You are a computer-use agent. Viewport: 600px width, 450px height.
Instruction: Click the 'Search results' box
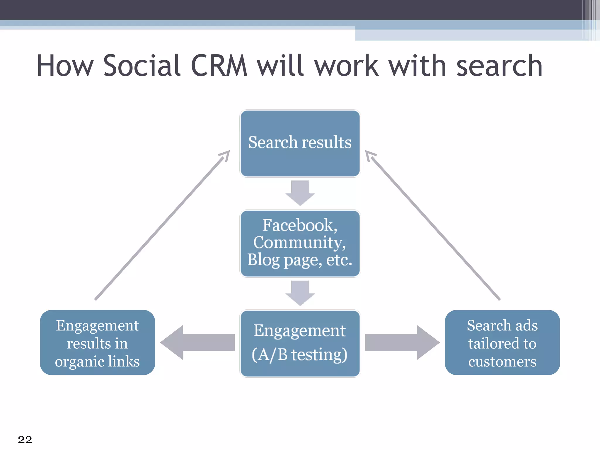[x=300, y=143]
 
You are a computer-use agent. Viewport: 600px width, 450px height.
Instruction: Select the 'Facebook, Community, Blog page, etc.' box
[x=300, y=243]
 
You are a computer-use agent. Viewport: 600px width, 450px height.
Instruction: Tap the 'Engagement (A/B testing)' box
[x=300, y=343]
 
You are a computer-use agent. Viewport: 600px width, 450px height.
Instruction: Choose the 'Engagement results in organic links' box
[x=97, y=342]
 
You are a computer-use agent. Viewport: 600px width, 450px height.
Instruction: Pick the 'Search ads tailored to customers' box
[x=502, y=342]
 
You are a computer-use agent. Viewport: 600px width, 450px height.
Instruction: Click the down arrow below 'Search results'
[x=300, y=193]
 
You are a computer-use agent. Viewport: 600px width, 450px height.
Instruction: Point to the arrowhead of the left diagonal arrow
[x=226, y=154]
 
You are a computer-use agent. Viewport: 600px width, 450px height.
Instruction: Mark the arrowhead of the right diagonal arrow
[x=369, y=155]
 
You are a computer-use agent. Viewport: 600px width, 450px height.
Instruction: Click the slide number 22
[x=25, y=439]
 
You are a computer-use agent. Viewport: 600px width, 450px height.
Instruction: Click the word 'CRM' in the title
[x=219, y=66]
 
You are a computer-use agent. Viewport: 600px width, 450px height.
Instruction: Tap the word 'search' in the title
[x=499, y=67]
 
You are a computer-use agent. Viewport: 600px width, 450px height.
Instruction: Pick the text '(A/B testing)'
[x=299, y=355]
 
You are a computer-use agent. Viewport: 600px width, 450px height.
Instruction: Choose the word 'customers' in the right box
[x=502, y=362]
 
